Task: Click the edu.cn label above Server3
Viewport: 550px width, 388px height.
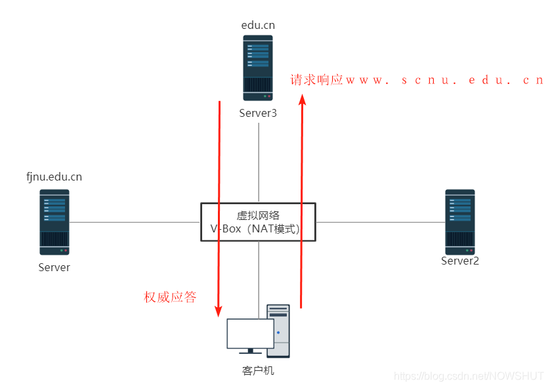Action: click(258, 25)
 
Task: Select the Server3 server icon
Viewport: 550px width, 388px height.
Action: click(258, 68)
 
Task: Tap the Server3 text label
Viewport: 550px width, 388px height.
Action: click(258, 113)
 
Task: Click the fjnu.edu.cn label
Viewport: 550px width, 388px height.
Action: click(54, 177)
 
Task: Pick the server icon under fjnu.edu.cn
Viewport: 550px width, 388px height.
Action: click(54, 222)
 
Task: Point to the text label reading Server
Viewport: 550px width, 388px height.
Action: click(54, 267)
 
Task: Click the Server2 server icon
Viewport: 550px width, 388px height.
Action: click(459, 222)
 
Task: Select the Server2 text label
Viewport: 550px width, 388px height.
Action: click(459, 261)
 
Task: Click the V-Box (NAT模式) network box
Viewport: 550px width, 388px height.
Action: click(258, 222)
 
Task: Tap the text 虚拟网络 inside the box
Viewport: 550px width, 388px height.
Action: click(258, 215)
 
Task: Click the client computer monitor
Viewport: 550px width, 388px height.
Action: click(250, 334)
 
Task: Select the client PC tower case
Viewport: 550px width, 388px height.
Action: click(278, 330)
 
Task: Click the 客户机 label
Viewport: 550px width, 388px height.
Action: click(258, 371)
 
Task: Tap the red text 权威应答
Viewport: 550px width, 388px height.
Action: click(170, 297)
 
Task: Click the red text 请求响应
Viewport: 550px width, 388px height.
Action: click(317, 80)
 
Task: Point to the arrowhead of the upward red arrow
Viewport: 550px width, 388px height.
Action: click(302, 100)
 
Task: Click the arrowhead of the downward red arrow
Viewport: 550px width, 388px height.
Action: click(219, 312)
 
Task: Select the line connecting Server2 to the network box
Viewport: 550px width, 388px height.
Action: click(381, 222)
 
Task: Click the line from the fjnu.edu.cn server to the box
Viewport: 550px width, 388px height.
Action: click(135, 222)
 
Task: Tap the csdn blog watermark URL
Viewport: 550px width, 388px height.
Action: click(469, 376)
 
